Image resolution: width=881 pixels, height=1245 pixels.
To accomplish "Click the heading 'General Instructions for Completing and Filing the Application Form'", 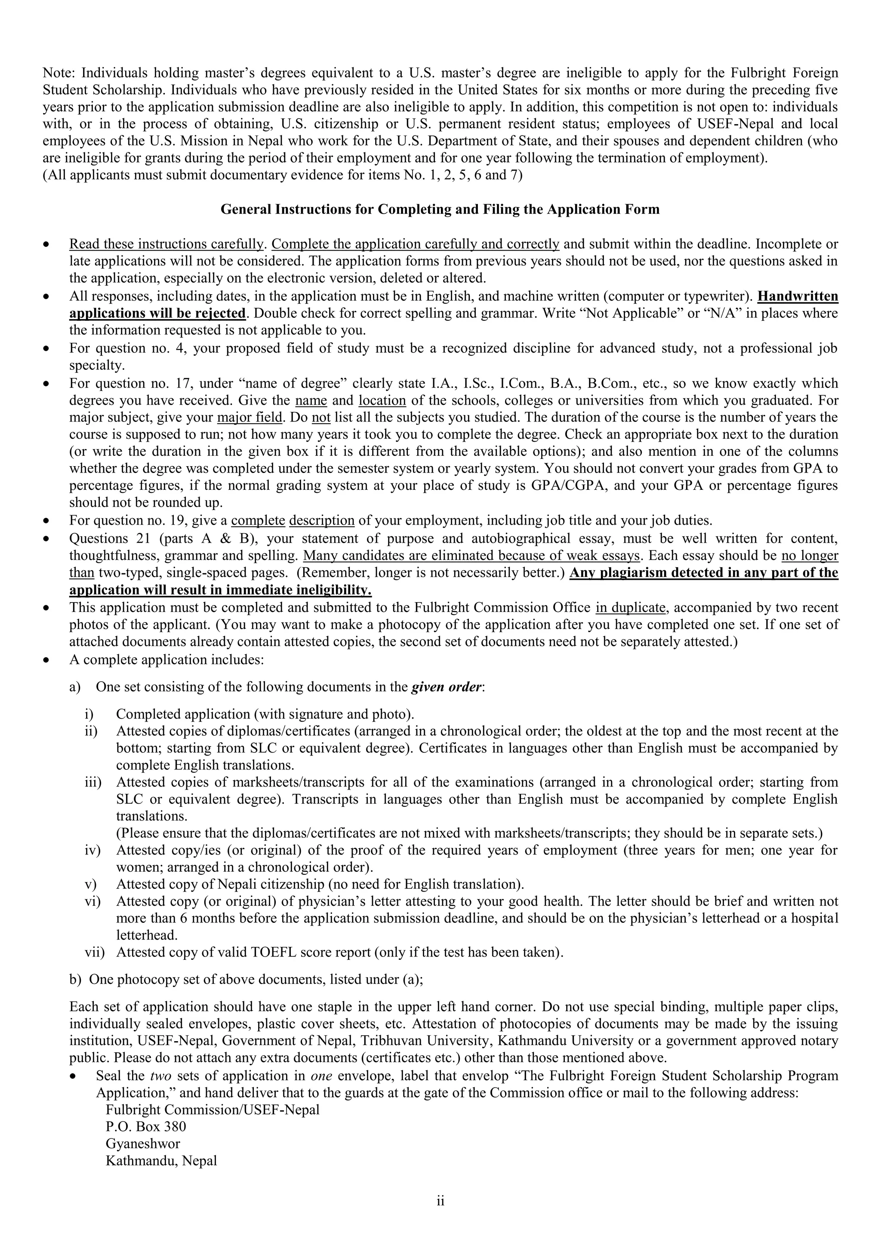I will point(440,209).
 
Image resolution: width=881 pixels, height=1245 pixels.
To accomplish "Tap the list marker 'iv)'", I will point(92,850).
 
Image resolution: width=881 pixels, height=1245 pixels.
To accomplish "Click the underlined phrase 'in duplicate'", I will point(630,607).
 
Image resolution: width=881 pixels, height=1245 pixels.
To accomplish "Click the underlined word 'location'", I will point(382,400).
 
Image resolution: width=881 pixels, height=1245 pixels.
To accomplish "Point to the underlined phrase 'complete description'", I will point(293,520).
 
